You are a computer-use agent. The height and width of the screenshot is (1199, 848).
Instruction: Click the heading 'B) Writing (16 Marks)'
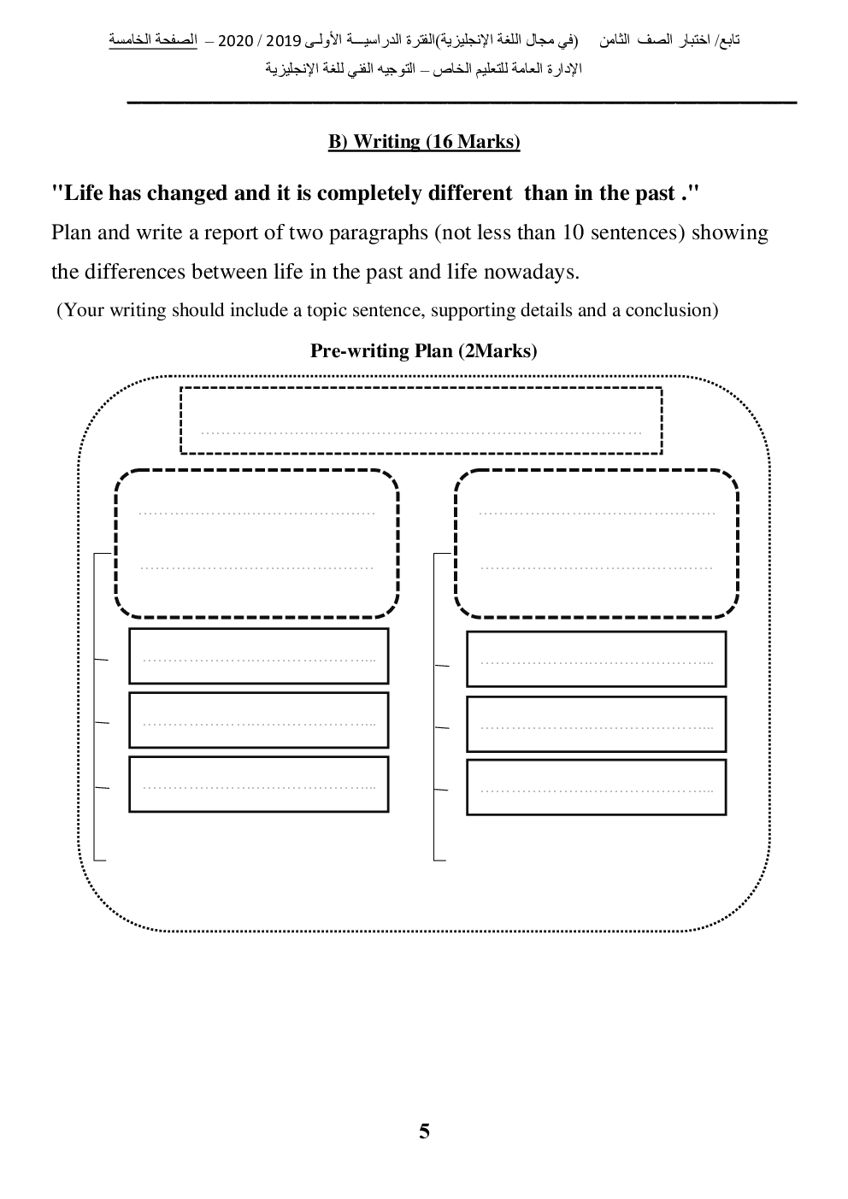[424, 142]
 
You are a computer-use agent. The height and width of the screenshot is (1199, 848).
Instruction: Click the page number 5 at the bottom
[424, 1131]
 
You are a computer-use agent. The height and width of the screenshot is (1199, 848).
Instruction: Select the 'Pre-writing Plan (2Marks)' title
[424, 350]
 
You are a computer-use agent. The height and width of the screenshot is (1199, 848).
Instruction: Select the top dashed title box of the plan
[421, 420]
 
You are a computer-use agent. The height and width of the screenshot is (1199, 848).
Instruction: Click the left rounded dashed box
[256, 542]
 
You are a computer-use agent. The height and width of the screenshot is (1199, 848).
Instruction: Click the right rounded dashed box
[597, 542]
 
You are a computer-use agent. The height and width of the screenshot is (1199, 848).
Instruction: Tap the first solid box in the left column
[258, 656]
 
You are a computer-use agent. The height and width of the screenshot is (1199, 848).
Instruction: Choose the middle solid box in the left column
[258, 720]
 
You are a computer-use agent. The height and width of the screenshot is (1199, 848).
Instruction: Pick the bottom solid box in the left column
[258, 784]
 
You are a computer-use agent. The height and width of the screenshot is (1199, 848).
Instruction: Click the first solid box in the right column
[596, 659]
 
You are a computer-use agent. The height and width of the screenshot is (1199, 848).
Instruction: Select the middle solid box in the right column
[596, 724]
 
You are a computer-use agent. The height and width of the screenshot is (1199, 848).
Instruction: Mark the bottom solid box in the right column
[596, 787]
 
